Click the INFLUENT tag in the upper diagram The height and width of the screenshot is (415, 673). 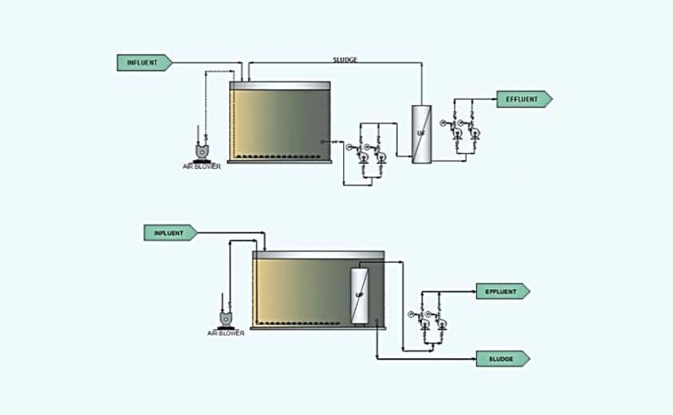[143, 62]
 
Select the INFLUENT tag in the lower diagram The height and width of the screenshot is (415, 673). [170, 233]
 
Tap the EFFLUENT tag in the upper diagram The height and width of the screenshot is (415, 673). [524, 98]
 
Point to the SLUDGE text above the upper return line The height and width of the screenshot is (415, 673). [345, 59]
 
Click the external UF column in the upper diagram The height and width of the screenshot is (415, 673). [421, 133]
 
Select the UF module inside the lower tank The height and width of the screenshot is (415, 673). [359, 294]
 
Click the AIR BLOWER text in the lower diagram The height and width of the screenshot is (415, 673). [226, 334]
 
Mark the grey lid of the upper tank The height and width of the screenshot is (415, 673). [280, 85]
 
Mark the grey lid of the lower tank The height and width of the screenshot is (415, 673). [318, 254]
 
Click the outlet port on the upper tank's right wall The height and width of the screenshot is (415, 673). [325, 141]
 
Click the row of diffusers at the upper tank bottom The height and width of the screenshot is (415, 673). [280, 157]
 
